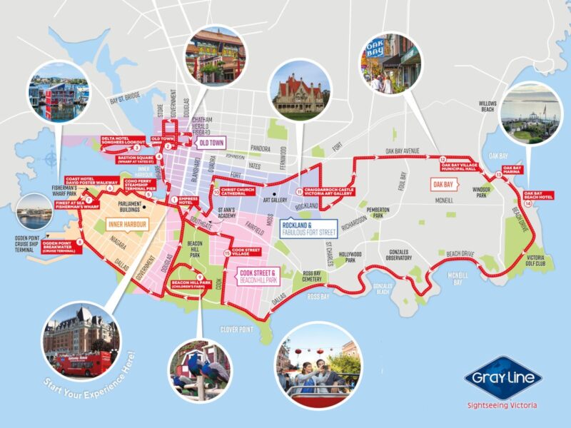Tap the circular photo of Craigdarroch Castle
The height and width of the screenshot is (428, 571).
point(298,92)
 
